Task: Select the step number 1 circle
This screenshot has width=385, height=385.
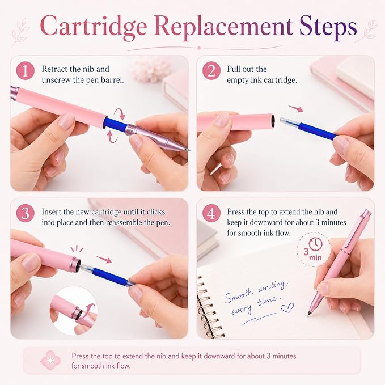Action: tap(26, 71)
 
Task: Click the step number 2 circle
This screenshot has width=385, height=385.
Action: tap(211, 71)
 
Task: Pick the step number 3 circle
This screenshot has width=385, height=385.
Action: tap(26, 213)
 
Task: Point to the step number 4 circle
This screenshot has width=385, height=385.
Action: tap(211, 213)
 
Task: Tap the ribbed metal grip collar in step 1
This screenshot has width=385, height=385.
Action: tap(132, 130)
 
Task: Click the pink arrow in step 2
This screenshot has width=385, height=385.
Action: tap(296, 108)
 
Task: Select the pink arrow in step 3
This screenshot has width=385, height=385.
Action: tap(104, 259)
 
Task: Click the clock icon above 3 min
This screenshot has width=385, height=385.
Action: tap(315, 244)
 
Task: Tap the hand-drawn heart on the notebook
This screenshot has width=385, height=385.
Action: tap(287, 307)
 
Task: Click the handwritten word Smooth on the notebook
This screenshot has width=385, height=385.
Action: tap(239, 295)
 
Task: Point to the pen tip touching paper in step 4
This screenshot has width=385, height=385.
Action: tap(308, 315)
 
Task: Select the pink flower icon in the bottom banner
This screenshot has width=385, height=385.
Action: tap(50, 360)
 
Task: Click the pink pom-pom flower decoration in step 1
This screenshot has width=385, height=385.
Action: tap(150, 70)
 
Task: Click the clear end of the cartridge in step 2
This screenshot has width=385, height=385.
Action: tap(289, 121)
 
